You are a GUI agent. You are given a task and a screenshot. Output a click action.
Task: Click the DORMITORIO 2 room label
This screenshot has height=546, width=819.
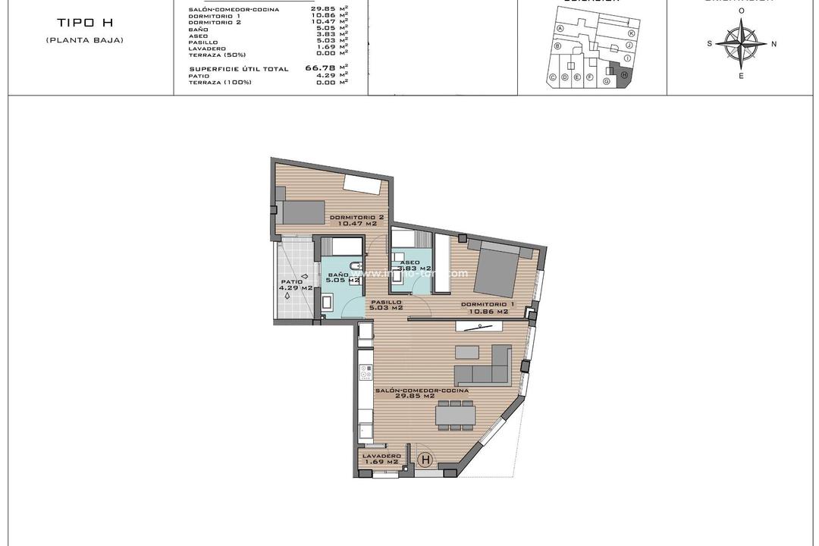point(356,221)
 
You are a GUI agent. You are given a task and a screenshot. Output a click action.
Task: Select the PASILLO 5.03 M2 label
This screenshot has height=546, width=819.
point(386,305)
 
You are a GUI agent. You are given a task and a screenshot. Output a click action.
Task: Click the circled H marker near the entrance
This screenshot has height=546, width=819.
point(425,460)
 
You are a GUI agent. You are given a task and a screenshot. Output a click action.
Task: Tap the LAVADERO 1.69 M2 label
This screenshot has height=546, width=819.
point(381,459)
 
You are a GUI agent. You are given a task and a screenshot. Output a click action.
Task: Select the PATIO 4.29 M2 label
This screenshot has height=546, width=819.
point(295,285)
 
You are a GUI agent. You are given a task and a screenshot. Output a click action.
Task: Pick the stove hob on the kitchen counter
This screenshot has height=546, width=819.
point(365,372)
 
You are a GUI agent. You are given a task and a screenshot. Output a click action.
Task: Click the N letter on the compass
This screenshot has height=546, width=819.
point(773,44)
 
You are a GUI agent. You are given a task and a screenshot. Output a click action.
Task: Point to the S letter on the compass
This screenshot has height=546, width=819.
point(710,44)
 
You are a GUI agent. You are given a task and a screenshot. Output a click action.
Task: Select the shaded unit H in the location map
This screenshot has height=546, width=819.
point(623,76)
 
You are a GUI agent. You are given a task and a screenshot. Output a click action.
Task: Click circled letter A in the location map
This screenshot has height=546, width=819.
point(560,28)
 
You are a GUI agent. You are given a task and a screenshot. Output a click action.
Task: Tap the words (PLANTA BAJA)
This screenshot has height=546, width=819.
point(85,39)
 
